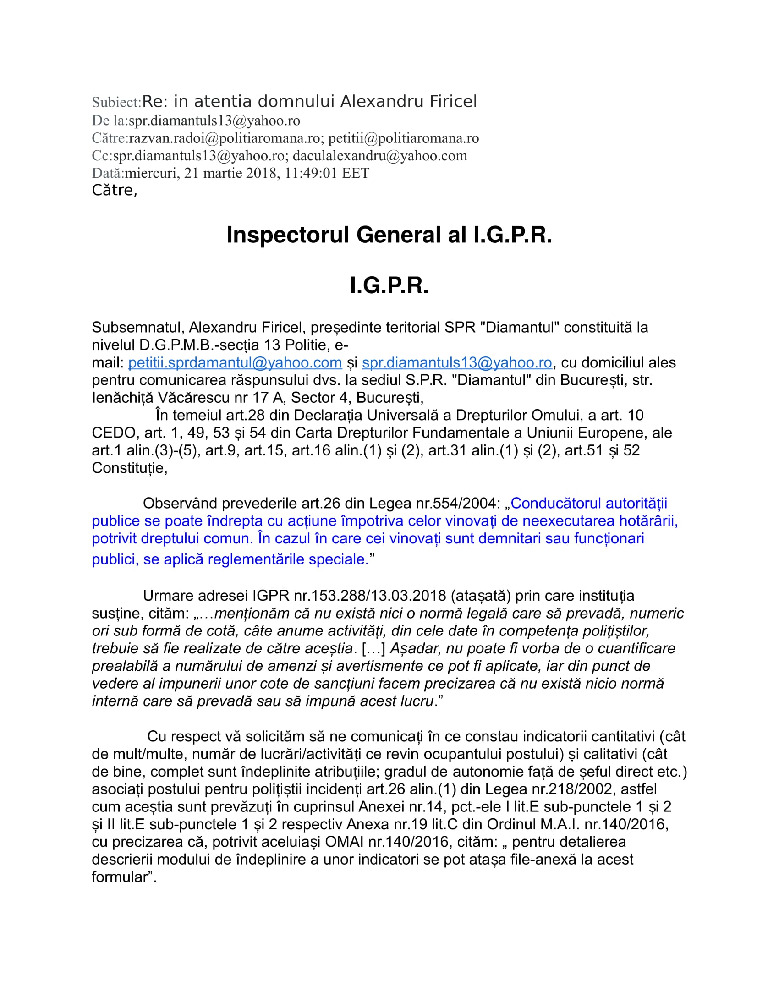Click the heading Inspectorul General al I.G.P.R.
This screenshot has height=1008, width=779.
pyautogui.click(x=389, y=235)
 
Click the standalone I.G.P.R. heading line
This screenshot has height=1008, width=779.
pyautogui.click(x=389, y=286)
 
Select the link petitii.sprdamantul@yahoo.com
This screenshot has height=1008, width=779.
pyautogui.click(x=235, y=363)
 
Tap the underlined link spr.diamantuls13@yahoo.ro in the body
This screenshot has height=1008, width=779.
pyautogui.click(x=457, y=363)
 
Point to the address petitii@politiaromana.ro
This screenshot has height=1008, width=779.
pyautogui.click(x=404, y=138)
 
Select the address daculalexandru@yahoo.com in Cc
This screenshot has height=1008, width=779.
pyautogui.click(x=380, y=155)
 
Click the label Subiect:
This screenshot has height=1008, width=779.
pyautogui.click(x=116, y=102)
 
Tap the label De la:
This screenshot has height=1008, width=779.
pyautogui.click(x=110, y=121)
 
